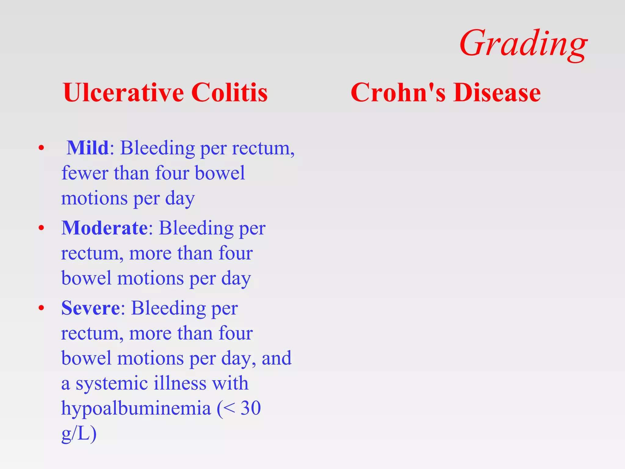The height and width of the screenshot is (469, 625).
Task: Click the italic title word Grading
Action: click(x=523, y=44)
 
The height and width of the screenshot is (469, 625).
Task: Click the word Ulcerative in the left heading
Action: click(x=123, y=93)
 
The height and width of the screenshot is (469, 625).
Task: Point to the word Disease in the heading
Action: click(x=497, y=93)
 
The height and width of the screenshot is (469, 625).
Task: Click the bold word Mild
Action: click(x=88, y=148)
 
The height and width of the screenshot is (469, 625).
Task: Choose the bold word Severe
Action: click(x=91, y=308)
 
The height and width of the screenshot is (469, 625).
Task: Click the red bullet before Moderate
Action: click(x=42, y=228)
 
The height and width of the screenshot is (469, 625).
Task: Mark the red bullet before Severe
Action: click(x=42, y=308)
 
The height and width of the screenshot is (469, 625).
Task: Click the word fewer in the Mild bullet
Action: click(x=85, y=173)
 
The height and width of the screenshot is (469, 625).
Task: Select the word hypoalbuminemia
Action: click(x=136, y=409)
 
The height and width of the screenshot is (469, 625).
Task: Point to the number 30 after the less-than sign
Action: click(x=251, y=408)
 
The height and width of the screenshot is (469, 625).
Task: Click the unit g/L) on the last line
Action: click(x=79, y=434)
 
